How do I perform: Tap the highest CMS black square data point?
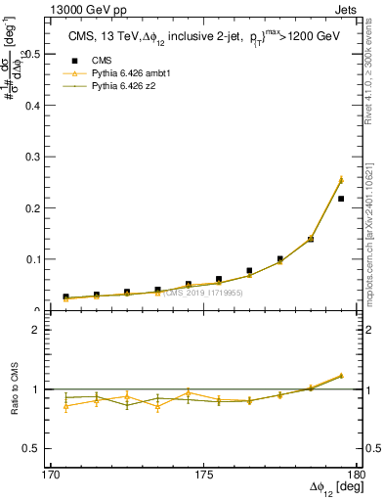pyautogui.click(x=341, y=199)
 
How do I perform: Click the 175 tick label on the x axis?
pyautogui.click(x=203, y=475)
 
